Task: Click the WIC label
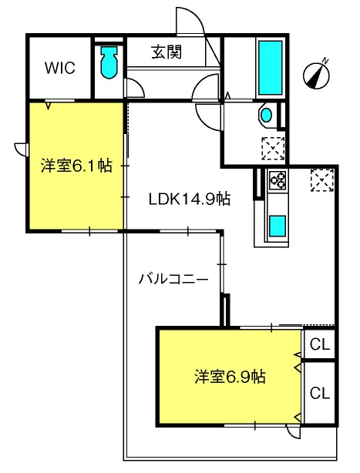coord(60,68)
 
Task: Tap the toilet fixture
coord(109,62)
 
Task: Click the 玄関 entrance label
coord(167,52)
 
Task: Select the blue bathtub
coord(270,68)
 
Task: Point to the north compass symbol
coord(317,74)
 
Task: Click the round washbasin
coord(267,115)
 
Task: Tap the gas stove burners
coord(278,179)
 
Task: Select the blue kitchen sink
coord(278,226)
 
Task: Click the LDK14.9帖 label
coord(190,200)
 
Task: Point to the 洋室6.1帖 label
coord(76,166)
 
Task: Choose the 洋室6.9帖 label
coord(230,377)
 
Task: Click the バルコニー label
coord(173,279)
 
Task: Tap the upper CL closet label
coord(320,344)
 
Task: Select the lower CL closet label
coord(320,393)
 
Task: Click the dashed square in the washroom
coord(273,148)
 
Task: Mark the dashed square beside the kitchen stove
coord(322,180)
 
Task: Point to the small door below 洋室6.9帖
coord(293,432)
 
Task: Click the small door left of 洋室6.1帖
coord(21,149)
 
